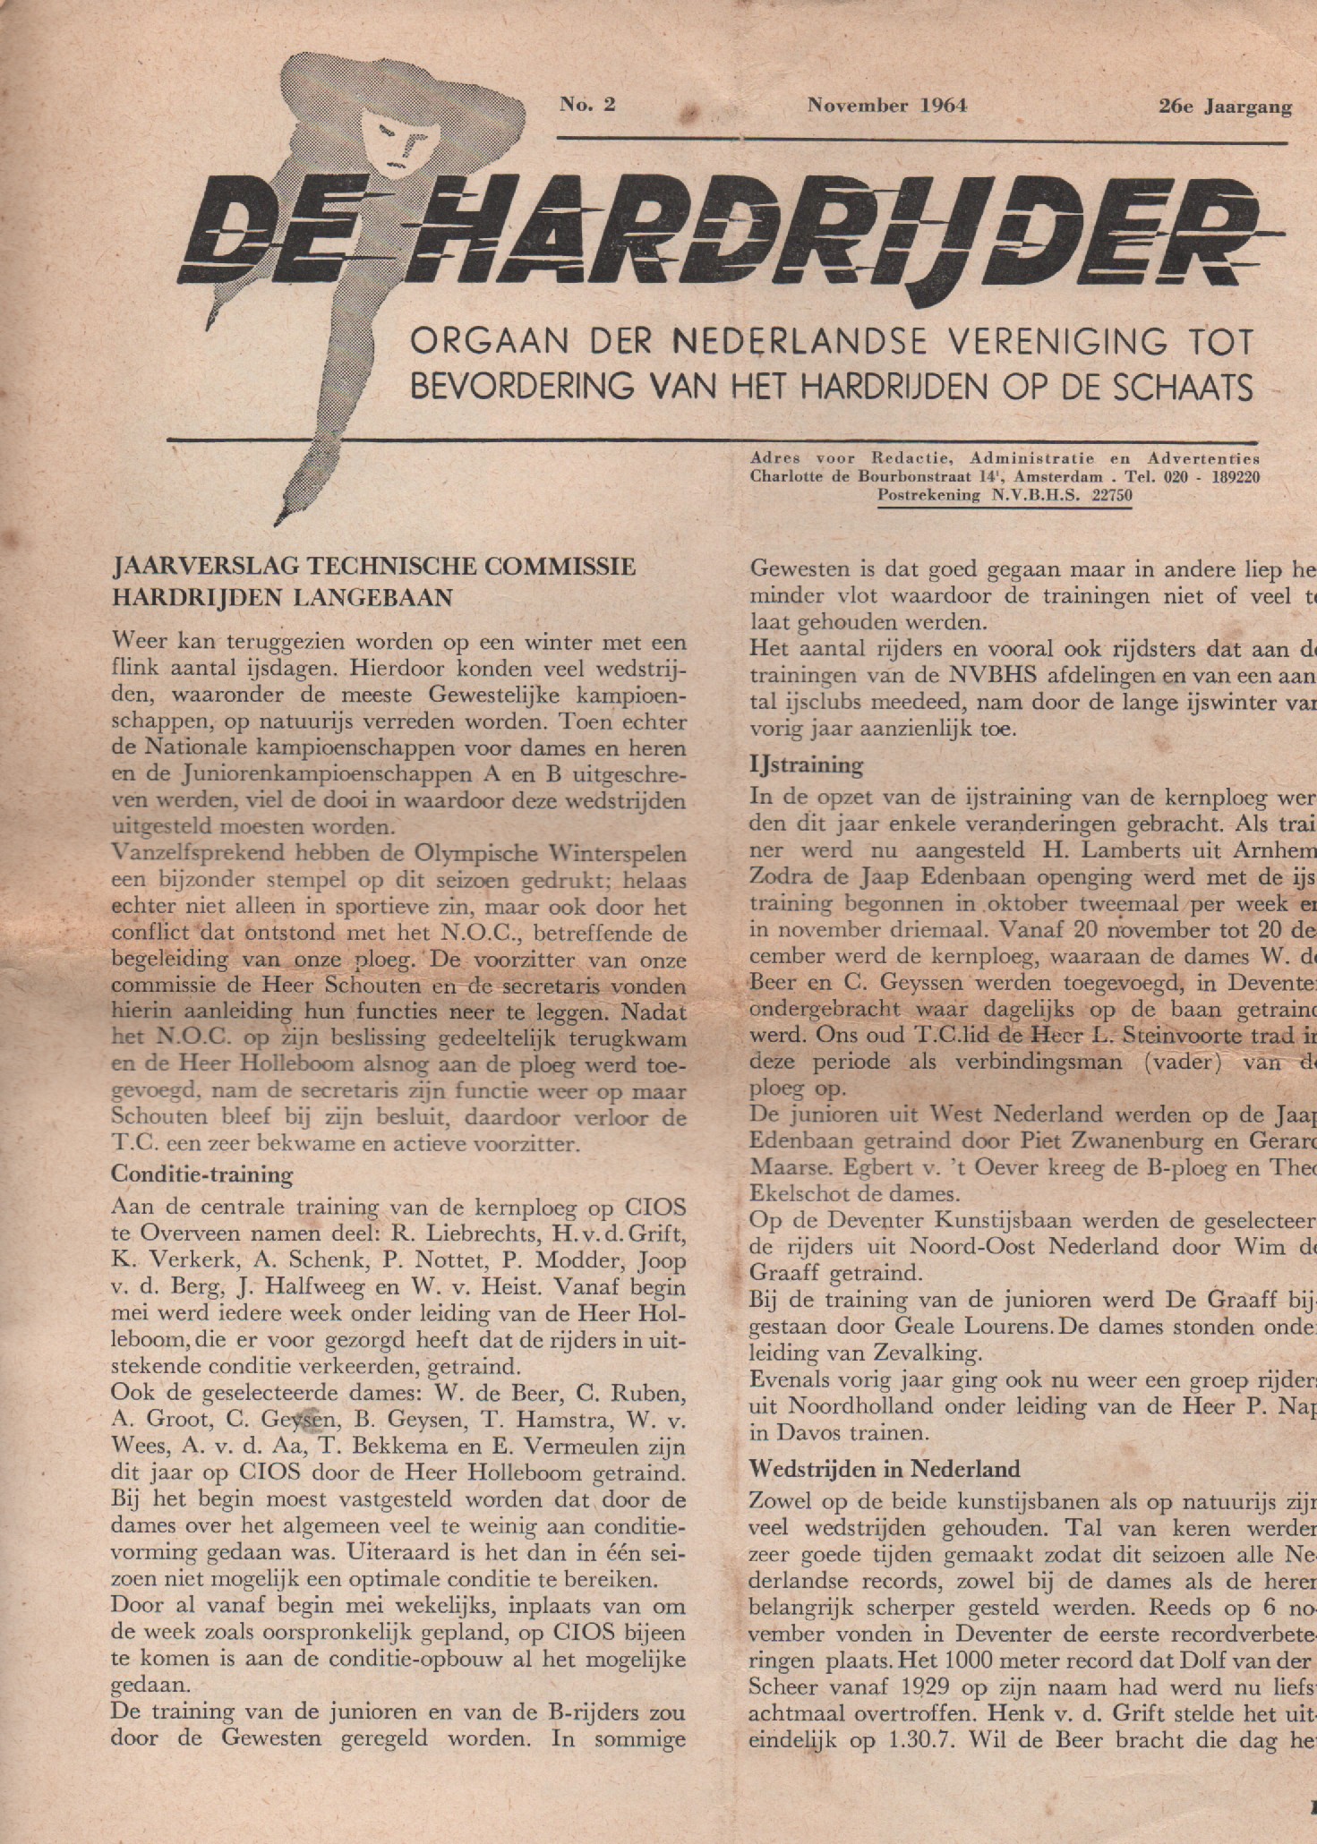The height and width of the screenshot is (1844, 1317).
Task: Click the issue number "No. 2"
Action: [x=587, y=105]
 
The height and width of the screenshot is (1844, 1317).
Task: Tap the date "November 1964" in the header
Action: [x=886, y=106]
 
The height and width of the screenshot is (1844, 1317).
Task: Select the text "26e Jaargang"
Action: [x=1224, y=107]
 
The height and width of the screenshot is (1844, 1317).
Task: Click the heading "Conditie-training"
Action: [x=201, y=1174]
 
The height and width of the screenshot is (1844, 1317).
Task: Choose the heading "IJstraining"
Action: [x=806, y=765]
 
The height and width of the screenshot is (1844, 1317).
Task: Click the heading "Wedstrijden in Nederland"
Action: [x=885, y=1469]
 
